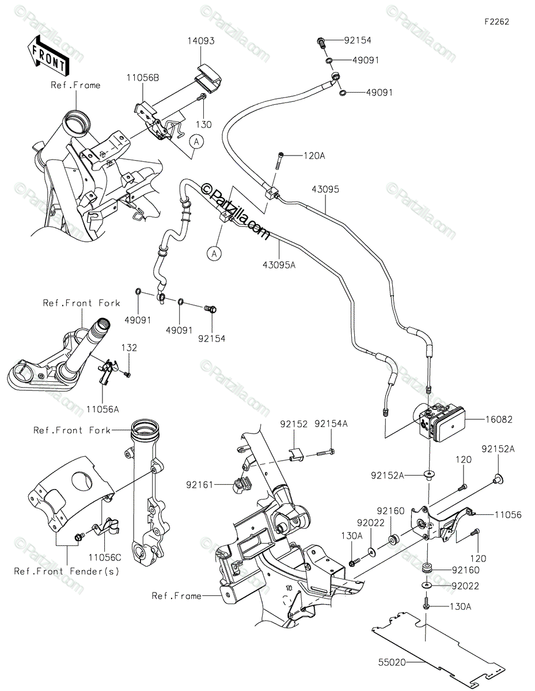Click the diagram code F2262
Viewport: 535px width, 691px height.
click(497, 22)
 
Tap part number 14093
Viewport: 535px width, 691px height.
click(201, 41)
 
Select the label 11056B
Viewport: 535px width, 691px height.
click(143, 78)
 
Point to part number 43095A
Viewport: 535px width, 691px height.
click(279, 265)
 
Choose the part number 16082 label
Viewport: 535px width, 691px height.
click(499, 420)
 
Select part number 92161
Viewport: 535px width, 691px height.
click(199, 485)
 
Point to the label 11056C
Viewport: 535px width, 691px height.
click(105, 557)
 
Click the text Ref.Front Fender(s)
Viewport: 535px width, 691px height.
click(67, 571)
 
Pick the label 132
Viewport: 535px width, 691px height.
click(129, 348)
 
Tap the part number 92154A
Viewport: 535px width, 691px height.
click(331, 424)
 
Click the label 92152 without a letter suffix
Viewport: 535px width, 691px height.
click(294, 424)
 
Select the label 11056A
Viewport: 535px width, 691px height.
click(103, 409)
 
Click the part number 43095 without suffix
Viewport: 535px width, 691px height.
click(325, 189)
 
